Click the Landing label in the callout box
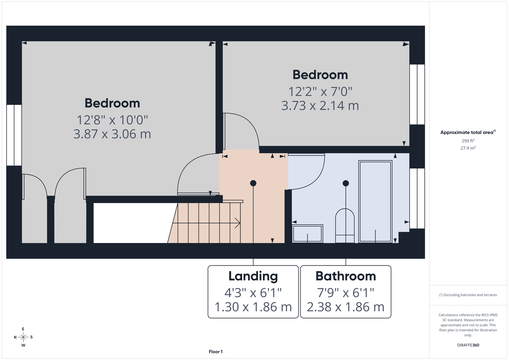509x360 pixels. [253, 276]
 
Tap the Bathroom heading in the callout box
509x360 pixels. [345, 276]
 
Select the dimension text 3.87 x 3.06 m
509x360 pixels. [112, 134]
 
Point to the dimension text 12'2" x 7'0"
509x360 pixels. [320, 91]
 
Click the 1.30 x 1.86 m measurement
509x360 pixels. [253, 307]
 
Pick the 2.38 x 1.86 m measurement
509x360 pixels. [345, 307]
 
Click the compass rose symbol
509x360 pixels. [23, 337]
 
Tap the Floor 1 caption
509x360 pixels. [216, 352]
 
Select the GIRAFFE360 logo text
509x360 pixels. [468, 345]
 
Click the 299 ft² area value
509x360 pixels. [468, 141]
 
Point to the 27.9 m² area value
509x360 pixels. [468, 148]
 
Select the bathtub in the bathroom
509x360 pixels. [375, 202]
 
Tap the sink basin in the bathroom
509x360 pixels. [307, 234]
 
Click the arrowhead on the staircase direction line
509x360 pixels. [238, 223]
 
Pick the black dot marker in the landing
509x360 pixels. [253, 183]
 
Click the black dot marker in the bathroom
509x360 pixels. [345, 183]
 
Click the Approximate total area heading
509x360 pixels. [468, 132]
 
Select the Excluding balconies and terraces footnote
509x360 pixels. [468, 295]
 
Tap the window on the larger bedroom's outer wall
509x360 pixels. [14, 135]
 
